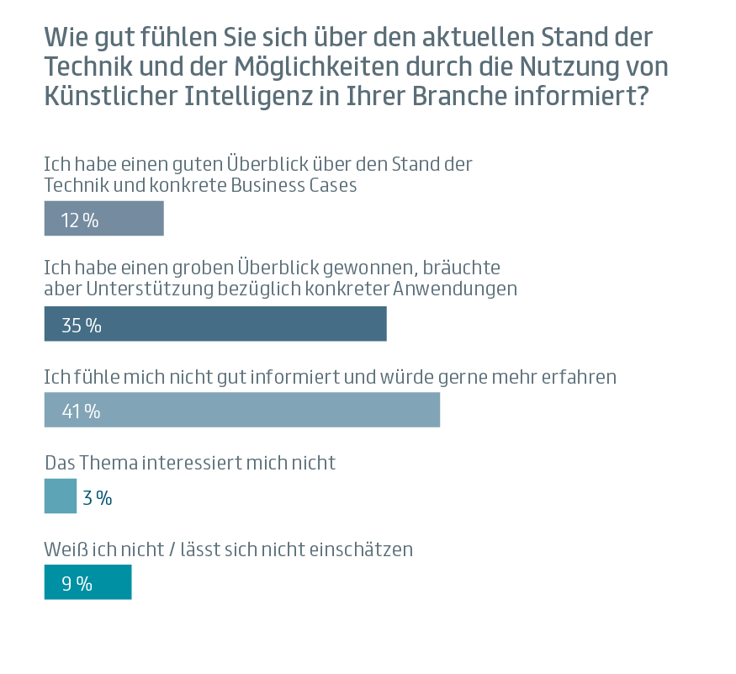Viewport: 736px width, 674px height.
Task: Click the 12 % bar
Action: [103, 219]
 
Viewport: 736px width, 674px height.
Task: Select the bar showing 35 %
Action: [215, 324]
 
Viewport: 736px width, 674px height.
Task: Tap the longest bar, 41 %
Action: [242, 410]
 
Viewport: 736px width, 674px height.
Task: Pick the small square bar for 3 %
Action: [60, 496]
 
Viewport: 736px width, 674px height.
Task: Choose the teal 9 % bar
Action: [87, 582]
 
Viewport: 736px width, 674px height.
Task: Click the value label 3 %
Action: [98, 498]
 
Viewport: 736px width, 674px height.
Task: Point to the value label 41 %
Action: [81, 411]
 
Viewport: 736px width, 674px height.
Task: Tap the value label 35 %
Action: [81, 326]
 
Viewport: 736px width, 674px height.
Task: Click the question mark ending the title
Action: [642, 96]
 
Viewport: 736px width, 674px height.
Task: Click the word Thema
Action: [110, 463]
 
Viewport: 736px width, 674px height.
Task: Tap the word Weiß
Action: [63, 549]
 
